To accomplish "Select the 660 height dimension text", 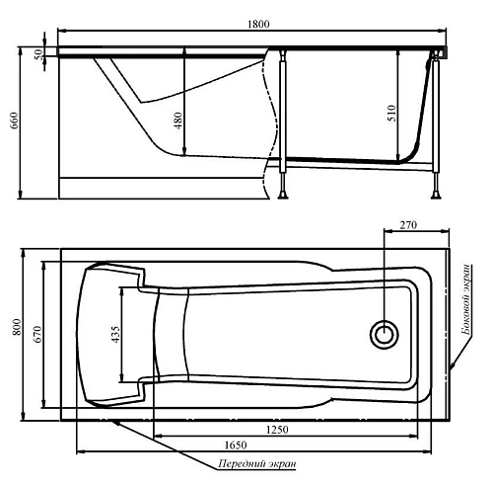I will coord(15,121).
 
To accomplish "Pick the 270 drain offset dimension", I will coord(409,226).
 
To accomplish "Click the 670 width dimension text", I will coord(35,335).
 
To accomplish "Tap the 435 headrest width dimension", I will coord(115,336).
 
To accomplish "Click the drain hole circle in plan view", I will coord(383,334).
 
